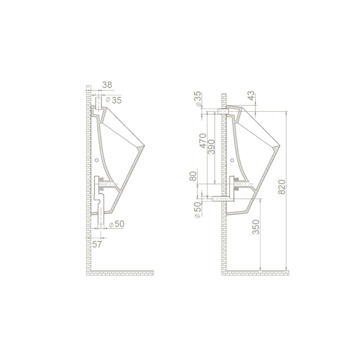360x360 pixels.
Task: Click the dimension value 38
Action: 107,85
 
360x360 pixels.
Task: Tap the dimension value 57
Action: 96,244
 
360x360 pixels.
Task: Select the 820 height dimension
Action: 282,187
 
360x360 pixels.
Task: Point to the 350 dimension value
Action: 256,227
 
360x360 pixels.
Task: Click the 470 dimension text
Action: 203,141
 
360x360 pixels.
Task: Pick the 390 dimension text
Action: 211,147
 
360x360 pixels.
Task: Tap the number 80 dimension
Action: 193,176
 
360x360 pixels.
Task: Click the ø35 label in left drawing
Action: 114,100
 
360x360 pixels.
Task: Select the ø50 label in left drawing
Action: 117,224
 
